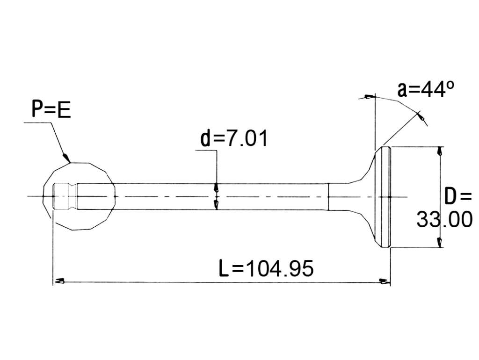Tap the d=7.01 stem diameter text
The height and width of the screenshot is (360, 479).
[x=234, y=138]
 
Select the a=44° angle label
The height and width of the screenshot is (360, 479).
[x=426, y=89]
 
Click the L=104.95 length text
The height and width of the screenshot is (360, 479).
[x=266, y=268]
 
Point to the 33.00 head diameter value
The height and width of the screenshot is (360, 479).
[x=444, y=219]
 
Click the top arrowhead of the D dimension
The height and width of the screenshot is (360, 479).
[x=439, y=151]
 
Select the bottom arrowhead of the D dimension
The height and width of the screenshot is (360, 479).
[x=439, y=242]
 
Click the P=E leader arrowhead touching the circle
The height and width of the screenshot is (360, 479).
[x=66, y=158]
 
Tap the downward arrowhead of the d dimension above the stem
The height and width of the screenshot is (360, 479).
[x=217, y=187]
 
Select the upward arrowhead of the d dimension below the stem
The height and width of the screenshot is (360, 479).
[x=217, y=205]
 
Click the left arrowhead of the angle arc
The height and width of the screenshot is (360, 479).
[x=369, y=97]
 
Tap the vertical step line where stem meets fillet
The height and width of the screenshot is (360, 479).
[x=328, y=197]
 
